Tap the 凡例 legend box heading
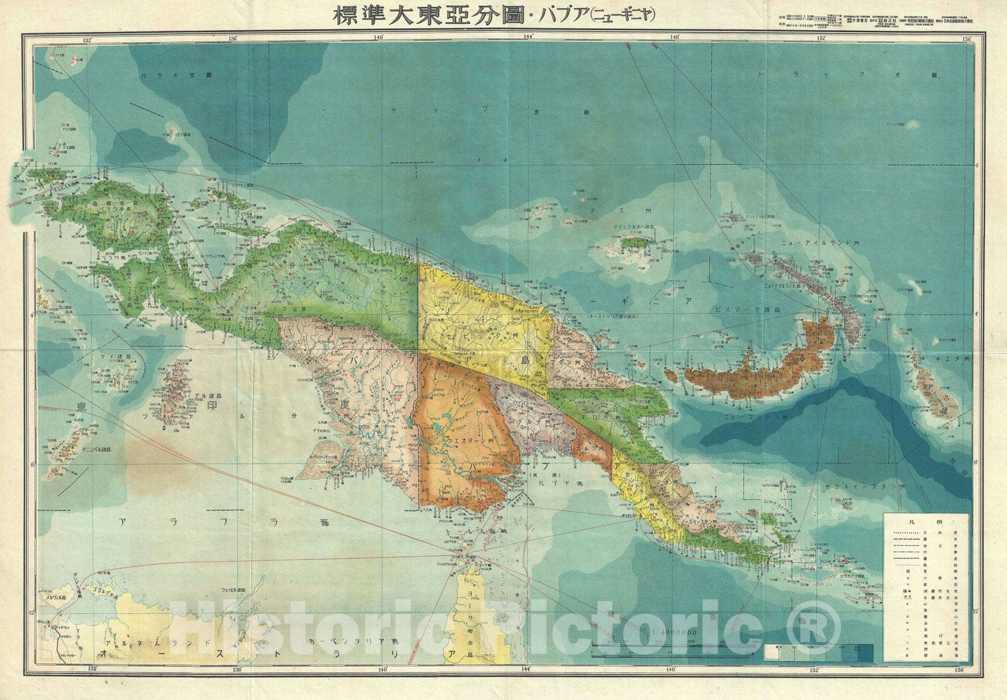[925, 522]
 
